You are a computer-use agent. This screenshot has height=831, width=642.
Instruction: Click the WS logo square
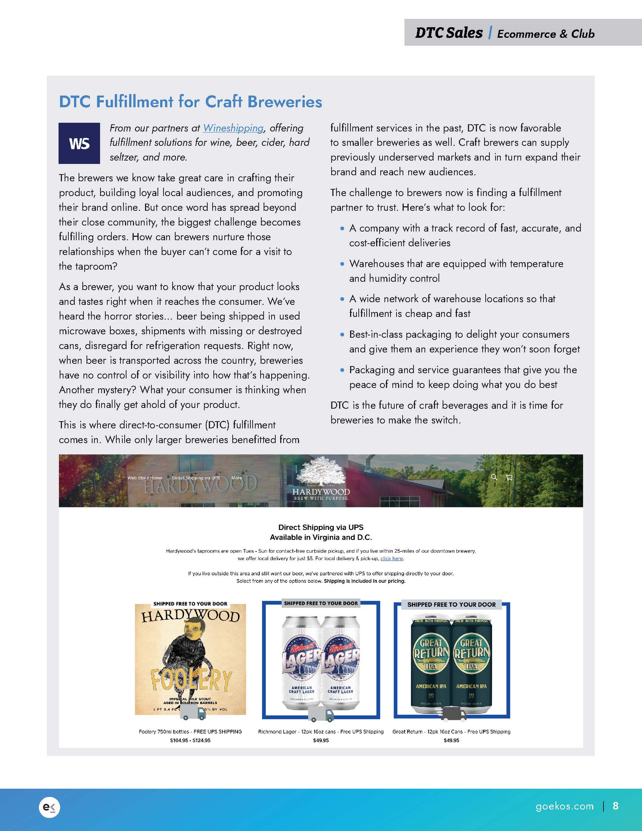(x=79, y=143)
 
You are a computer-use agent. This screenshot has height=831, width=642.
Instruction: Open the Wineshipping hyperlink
(x=233, y=128)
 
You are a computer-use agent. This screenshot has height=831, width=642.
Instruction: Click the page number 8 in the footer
(x=616, y=806)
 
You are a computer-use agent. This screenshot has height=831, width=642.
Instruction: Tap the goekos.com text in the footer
(x=565, y=806)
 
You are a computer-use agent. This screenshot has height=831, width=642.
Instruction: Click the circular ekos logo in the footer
(x=49, y=807)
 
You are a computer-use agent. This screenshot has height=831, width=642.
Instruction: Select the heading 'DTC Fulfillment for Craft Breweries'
(x=191, y=102)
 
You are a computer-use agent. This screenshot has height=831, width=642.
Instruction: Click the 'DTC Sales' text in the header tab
(x=449, y=33)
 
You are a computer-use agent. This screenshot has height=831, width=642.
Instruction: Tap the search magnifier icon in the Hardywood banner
(x=494, y=477)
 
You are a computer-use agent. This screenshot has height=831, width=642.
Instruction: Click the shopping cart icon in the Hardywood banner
(x=509, y=477)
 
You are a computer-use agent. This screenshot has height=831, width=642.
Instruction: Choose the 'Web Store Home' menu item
(x=145, y=478)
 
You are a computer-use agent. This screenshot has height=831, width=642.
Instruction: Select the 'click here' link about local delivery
(x=391, y=559)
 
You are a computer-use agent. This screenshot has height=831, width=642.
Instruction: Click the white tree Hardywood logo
(x=321, y=472)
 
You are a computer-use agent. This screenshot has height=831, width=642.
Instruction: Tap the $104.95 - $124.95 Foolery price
(x=190, y=740)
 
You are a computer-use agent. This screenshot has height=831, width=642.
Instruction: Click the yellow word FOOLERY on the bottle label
(x=191, y=680)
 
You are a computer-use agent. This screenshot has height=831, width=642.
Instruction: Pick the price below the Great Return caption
(x=451, y=740)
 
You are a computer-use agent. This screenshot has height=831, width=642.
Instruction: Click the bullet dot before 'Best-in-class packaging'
(x=342, y=335)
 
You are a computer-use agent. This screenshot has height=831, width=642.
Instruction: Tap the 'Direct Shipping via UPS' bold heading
(x=321, y=527)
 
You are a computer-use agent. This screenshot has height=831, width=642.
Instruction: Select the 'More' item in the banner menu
(x=236, y=478)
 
